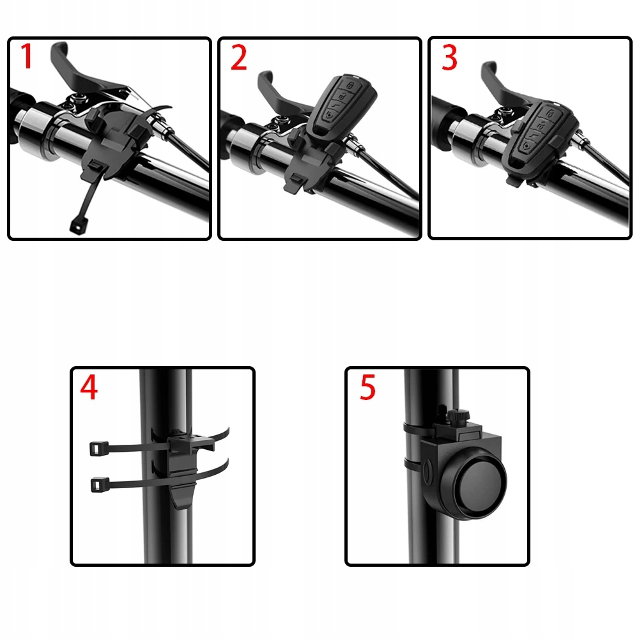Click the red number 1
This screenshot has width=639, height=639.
[x=26, y=56]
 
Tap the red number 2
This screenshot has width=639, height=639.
[x=239, y=58]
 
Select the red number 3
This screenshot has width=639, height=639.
[x=449, y=58]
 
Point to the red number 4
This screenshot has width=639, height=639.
[x=89, y=387]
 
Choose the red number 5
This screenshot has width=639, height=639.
[x=367, y=387]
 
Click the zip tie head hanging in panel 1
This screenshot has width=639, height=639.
[x=79, y=224]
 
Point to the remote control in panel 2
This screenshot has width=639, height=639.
[x=341, y=106]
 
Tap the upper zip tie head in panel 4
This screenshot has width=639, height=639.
[x=98, y=449]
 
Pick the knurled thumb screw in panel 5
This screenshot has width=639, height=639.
[x=458, y=417]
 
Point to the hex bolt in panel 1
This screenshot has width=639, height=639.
[x=77, y=98]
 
